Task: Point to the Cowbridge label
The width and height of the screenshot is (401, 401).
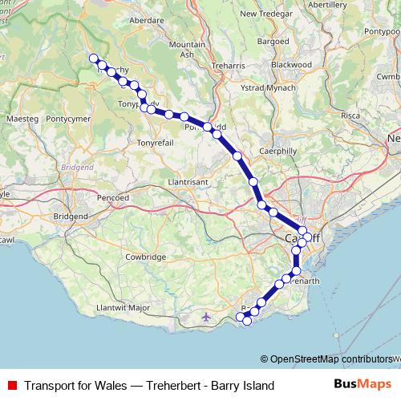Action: [145, 257]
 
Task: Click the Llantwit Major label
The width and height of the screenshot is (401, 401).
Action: [123, 307]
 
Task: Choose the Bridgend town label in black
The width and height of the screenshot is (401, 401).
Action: [71, 217]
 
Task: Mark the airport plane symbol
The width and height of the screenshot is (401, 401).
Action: [206, 318]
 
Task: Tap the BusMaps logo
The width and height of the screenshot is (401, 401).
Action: [362, 386]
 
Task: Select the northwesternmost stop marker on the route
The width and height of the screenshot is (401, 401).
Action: [94, 58]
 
